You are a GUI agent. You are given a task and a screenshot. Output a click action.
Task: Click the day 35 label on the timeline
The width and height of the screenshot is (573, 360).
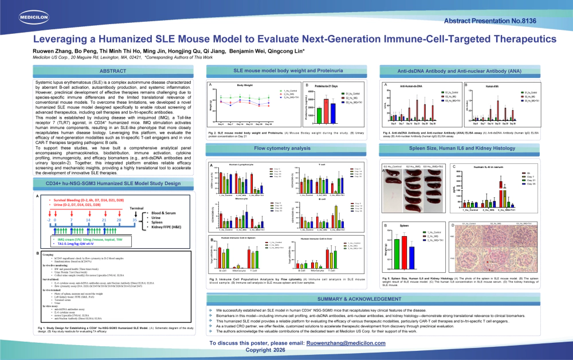click(x=151, y=219)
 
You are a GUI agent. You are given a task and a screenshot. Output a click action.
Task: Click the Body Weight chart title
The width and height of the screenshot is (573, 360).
click(x=245, y=85)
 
